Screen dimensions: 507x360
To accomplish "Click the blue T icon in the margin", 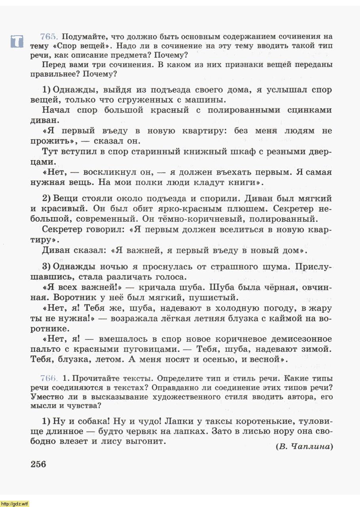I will coord(17,41).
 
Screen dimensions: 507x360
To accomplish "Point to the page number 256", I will coord(38,464).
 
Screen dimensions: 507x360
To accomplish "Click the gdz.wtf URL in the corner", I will coord(15,503).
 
